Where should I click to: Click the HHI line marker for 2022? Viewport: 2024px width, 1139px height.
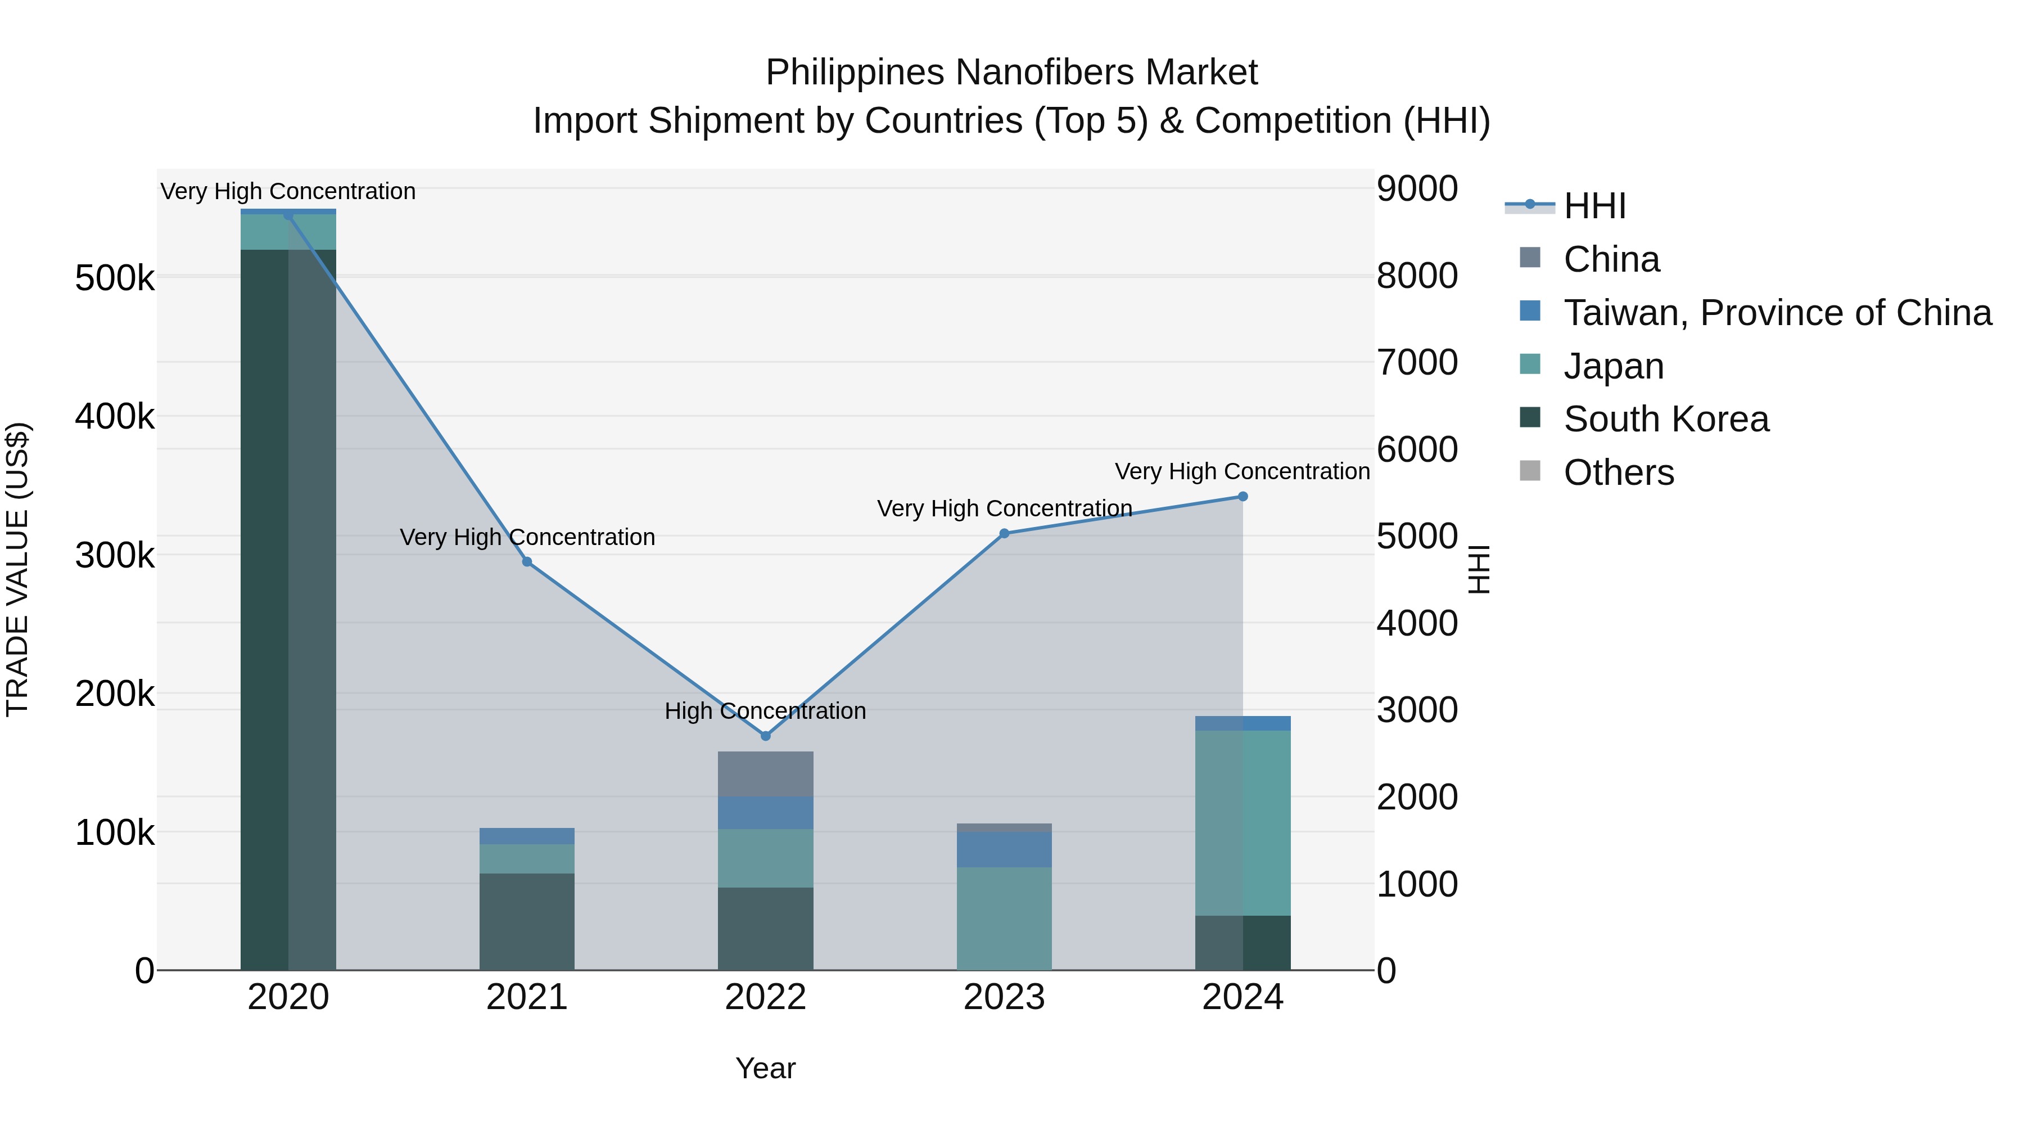pos(765,736)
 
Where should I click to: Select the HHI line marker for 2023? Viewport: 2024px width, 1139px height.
pos(1004,534)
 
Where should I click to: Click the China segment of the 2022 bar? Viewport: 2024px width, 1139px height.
pos(765,775)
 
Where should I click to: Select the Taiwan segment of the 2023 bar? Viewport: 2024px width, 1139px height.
pos(1004,850)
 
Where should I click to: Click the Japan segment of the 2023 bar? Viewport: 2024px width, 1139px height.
pos(1004,918)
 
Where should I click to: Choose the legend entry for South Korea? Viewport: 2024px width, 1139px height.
pos(1666,419)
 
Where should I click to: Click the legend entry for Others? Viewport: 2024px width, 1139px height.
pos(1619,472)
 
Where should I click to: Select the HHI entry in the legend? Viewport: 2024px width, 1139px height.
pos(1594,206)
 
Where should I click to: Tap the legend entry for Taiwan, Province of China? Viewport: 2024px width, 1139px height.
pos(1777,313)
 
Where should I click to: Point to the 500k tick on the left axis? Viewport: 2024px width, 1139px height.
pos(115,278)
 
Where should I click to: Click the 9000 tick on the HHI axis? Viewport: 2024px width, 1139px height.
pos(1417,188)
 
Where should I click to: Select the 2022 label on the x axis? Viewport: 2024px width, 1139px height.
pos(765,997)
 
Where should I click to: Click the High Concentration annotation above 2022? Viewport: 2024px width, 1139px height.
pos(765,710)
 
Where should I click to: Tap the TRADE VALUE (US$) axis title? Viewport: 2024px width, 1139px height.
pos(18,569)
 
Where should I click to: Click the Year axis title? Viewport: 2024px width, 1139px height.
pos(765,1068)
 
